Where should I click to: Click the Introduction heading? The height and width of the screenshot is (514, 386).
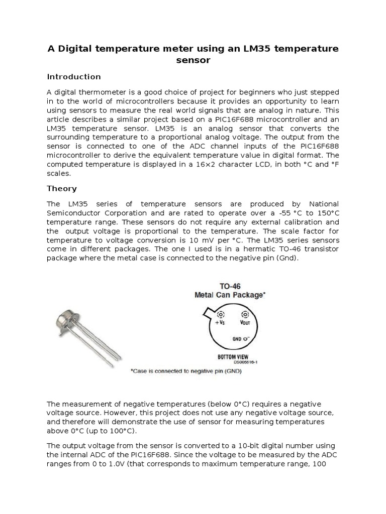pos(74,77)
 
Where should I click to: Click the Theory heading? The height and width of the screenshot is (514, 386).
pos(62,189)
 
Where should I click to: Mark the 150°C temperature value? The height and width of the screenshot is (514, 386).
pos(326,213)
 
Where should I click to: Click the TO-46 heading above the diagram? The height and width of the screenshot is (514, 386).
pos(229,286)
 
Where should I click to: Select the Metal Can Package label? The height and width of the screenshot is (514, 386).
pos(229,295)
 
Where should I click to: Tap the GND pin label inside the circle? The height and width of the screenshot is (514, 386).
pos(237,339)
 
